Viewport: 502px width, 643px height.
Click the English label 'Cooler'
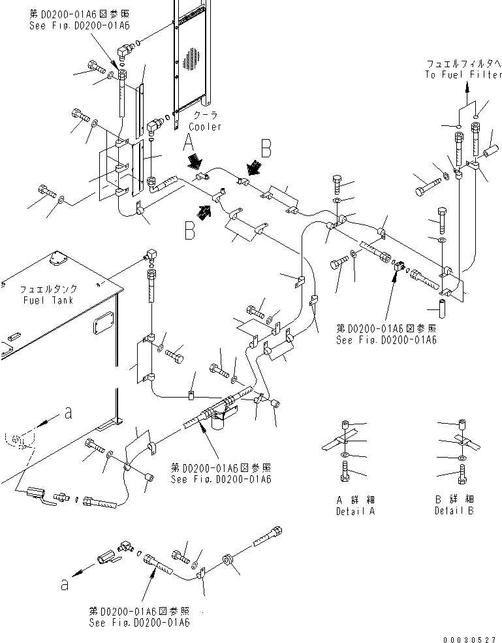pyautogui.click(x=205, y=127)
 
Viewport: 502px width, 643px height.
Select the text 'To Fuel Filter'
pyautogui.click(x=463, y=75)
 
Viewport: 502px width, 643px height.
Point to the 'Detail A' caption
pyautogui.click(x=355, y=511)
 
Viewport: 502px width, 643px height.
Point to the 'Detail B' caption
pyautogui.click(x=454, y=511)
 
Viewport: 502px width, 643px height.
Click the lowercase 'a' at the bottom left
pyautogui.click(x=65, y=585)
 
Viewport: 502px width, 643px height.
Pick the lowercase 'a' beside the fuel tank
pyautogui.click(x=68, y=412)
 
